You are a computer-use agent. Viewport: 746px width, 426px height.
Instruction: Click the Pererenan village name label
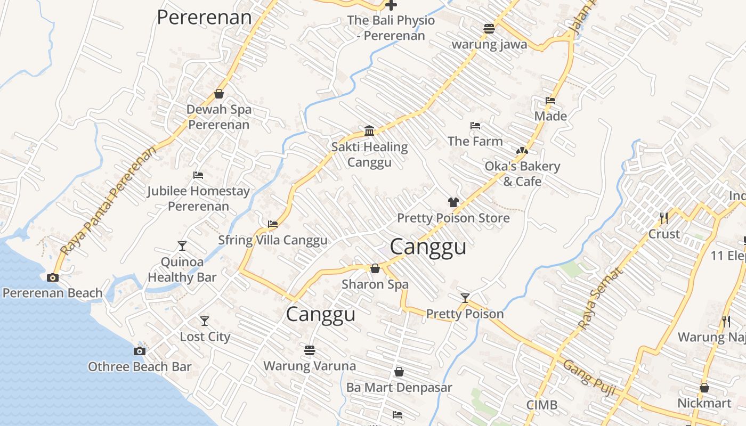pyautogui.click(x=204, y=17)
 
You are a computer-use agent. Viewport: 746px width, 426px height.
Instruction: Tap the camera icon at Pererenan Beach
pyautogui.click(x=52, y=277)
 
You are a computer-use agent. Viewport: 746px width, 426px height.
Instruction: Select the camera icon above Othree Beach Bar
pyautogui.click(x=139, y=351)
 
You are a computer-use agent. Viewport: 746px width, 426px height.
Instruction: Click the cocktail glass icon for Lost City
pyautogui.click(x=205, y=321)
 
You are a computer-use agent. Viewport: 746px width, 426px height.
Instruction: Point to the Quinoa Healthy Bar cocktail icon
pyautogui.click(x=182, y=246)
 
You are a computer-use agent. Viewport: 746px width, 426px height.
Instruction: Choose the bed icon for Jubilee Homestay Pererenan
pyautogui.click(x=198, y=175)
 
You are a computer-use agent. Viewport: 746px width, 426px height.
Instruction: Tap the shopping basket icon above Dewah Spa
pyautogui.click(x=218, y=94)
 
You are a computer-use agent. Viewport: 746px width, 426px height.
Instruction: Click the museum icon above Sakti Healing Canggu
pyautogui.click(x=369, y=131)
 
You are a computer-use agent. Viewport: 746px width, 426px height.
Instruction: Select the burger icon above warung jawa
pyautogui.click(x=489, y=29)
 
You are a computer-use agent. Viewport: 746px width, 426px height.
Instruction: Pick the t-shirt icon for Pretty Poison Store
pyautogui.click(x=453, y=202)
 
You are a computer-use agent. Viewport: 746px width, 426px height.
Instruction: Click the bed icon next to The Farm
pyautogui.click(x=475, y=126)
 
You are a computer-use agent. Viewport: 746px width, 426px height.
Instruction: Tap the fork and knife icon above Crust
pyautogui.click(x=664, y=218)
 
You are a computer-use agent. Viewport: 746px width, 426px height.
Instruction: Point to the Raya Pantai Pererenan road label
pyautogui.click(x=109, y=200)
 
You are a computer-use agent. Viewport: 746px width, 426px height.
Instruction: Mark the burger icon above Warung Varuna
pyautogui.click(x=310, y=350)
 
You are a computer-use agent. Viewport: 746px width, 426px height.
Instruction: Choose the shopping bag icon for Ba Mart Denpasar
pyautogui.click(x=399, y=372)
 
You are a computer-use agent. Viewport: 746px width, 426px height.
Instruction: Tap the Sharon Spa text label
pyautogui.click(x=375, y=284)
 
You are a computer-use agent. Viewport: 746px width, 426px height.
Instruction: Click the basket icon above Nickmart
pyautogui.click(x=704, y=388)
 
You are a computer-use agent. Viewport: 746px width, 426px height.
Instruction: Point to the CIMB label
pyautogui.click(x=542, y=405)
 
